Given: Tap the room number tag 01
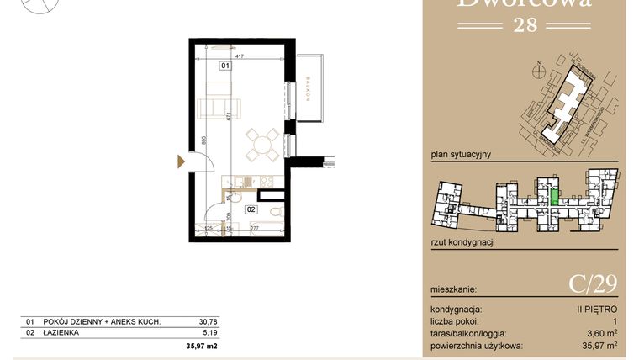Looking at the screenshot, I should point(225,65).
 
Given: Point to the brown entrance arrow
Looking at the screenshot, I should point(180,161).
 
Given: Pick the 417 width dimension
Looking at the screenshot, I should point(240,57).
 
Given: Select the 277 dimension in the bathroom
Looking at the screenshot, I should point(254,228).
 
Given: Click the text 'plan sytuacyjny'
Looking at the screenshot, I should point(460,155).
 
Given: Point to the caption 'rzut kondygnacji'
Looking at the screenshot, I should point(462,242).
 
